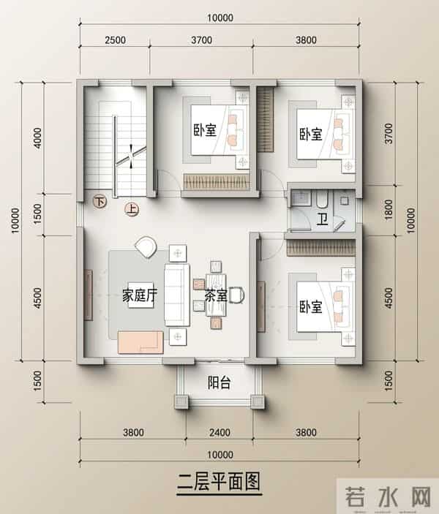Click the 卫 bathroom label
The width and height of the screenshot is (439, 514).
(322, 219)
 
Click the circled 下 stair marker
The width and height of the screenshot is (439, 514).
(100, 199)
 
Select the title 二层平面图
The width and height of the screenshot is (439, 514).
(219, 483)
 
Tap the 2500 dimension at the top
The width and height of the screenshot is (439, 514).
(115, 40)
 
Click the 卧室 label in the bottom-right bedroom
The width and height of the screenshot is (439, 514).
(310, 307)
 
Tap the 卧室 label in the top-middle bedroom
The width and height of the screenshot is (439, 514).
(205, 131)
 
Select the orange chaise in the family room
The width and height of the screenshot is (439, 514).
(140, 340)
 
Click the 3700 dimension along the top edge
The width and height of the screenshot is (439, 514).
(202, 40)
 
